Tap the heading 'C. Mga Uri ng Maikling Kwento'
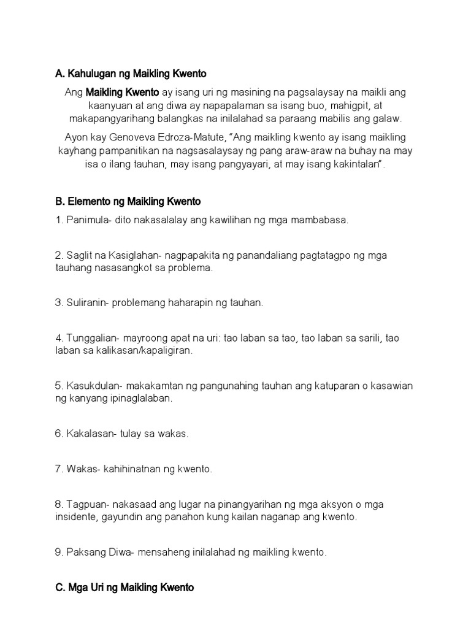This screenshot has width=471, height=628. click(124, 588)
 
